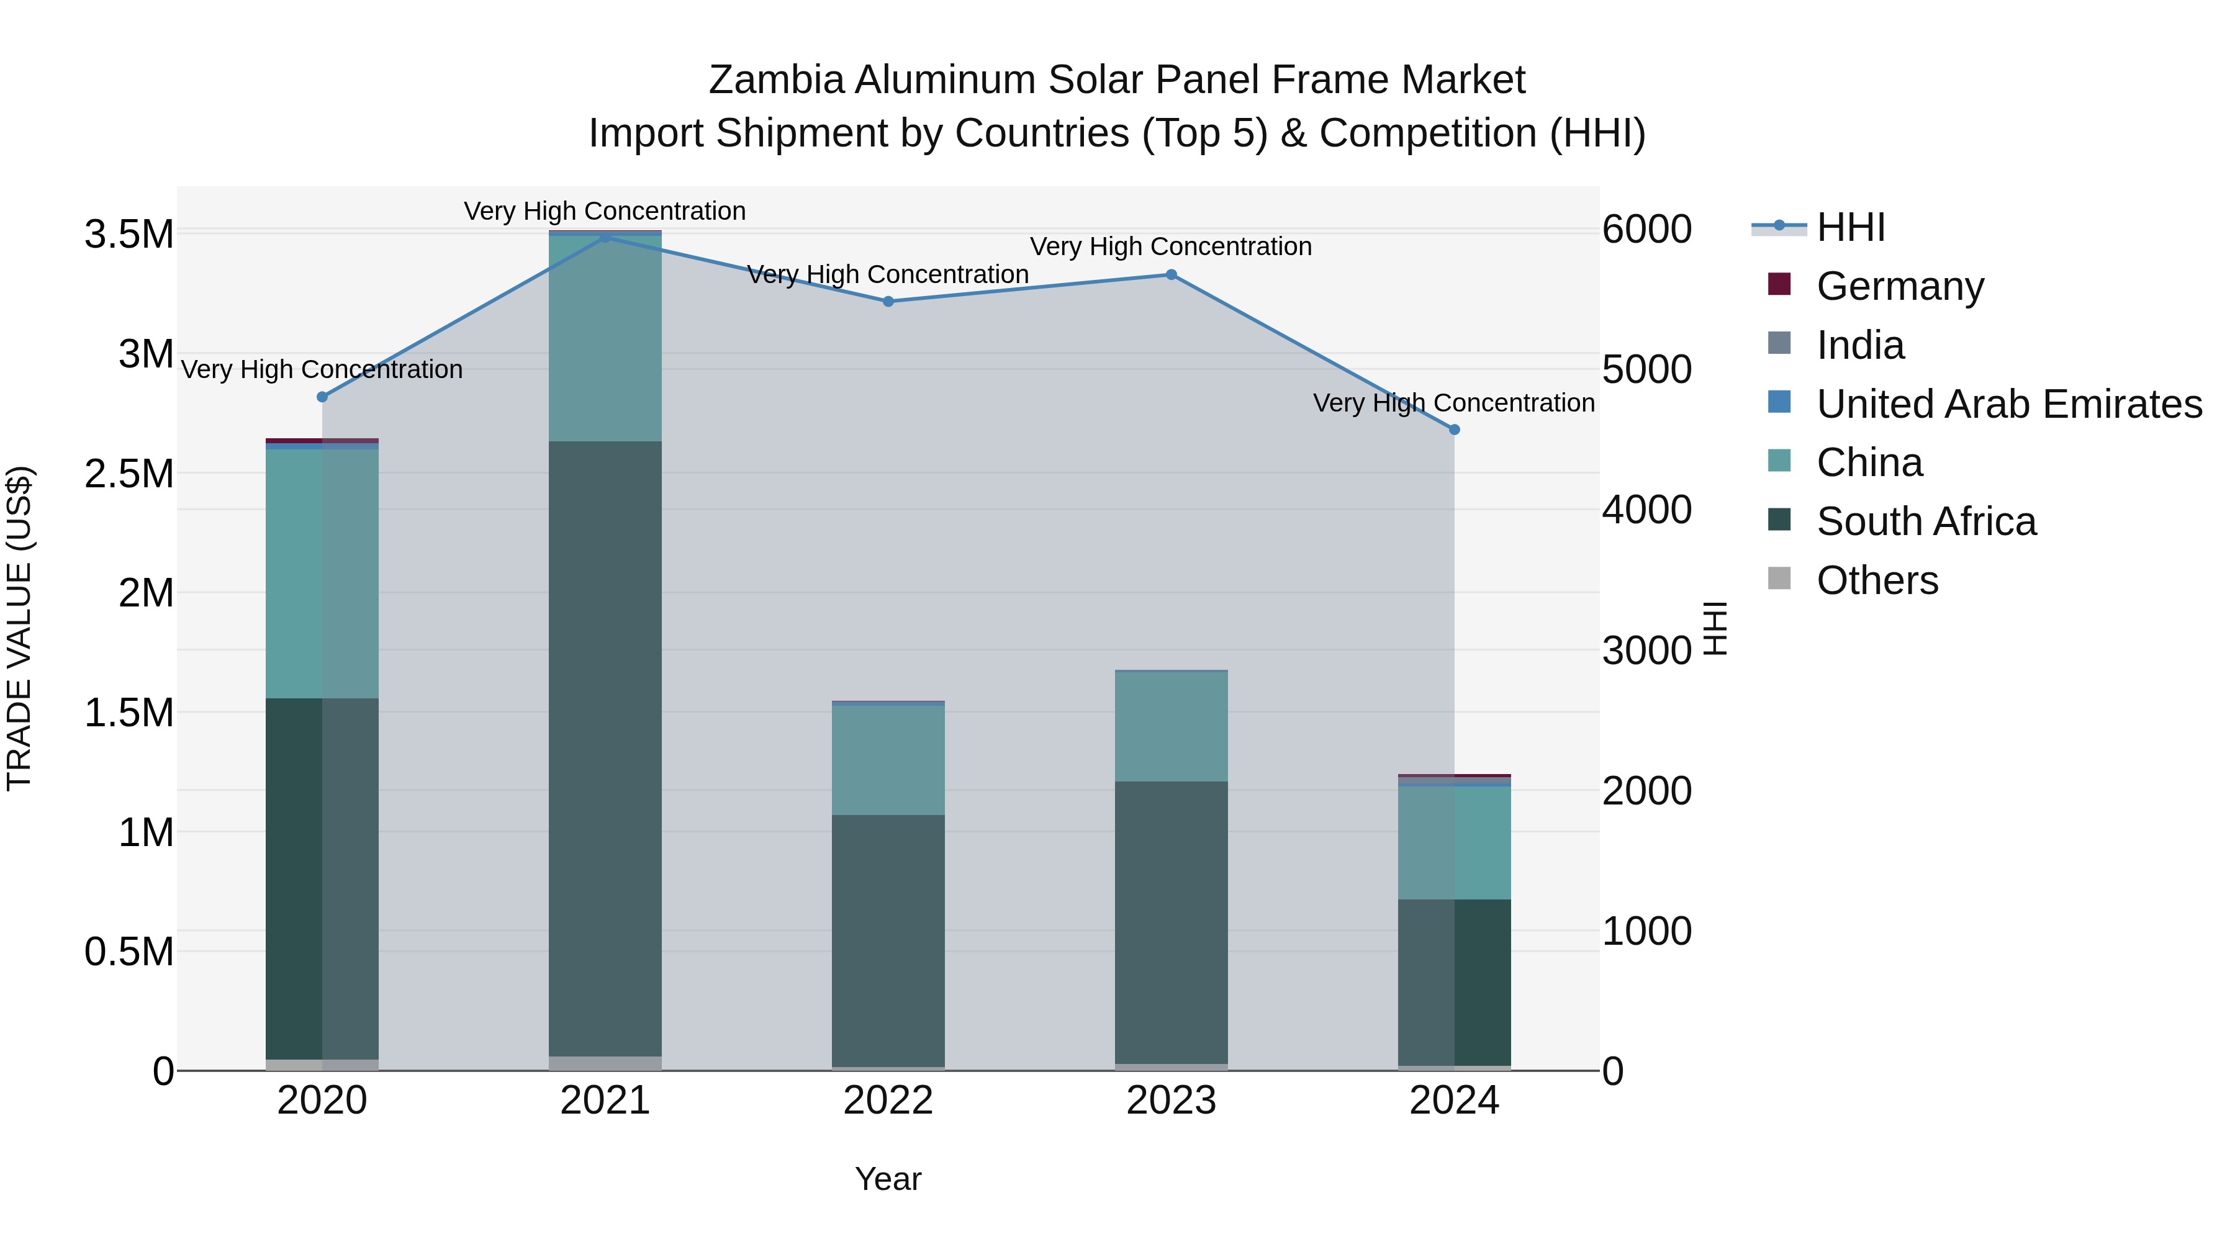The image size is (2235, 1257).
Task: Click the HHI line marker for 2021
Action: click(605, 237)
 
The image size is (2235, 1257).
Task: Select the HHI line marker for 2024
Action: click(1454, 430)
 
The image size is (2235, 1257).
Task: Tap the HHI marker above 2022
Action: click(888, 302)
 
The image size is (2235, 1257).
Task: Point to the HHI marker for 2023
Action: click(1170, 275)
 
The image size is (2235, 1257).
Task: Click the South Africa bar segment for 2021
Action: click(605, 746)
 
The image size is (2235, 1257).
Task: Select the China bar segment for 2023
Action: click(1170, 727)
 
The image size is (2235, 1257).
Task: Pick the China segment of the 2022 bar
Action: click(888, 760)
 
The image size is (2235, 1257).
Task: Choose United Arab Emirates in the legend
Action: click(2008, 403)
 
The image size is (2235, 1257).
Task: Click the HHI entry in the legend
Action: click(1850, 227)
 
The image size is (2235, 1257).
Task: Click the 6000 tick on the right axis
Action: click(1646, 230)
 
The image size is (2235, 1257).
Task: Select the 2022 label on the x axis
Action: click(888, 1101)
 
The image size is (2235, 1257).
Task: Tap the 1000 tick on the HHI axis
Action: click(1646, 931)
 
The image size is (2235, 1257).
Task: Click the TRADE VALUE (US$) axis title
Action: click(19, 628)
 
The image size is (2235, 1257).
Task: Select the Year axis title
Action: click(888, 1179)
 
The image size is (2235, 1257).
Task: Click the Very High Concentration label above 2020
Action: click(322, 369)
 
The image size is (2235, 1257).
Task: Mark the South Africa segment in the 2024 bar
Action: click(1454, 982)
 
